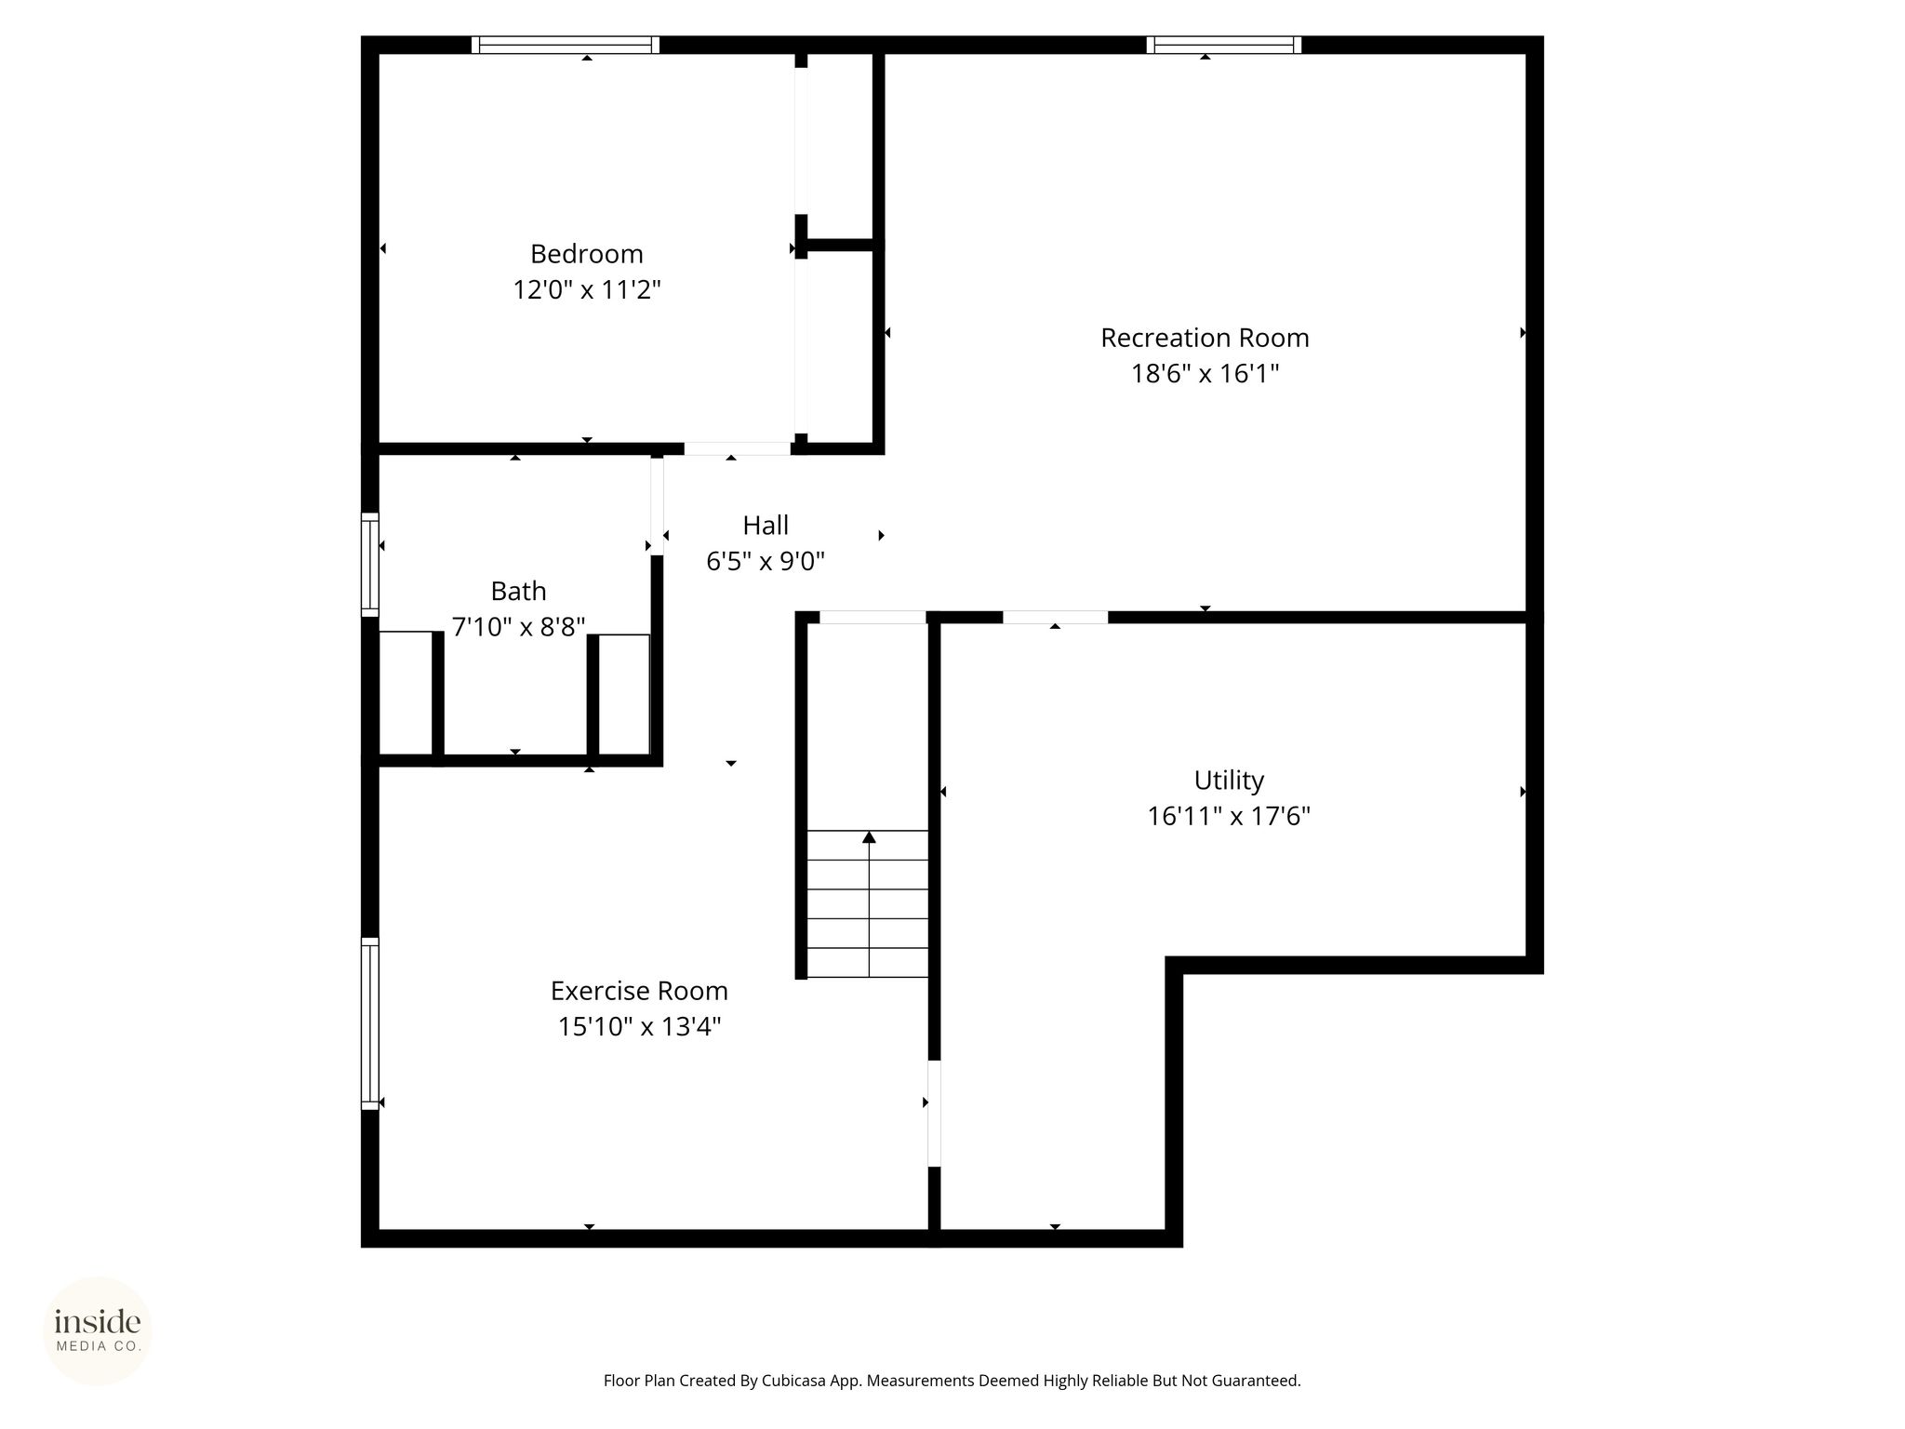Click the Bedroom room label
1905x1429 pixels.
pyautogui.click(x=587, y=254)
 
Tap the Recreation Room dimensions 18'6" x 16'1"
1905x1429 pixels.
pyautogui.click(x=1205, y=374)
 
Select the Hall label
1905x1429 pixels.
pyautogui.click(x=766, y=526)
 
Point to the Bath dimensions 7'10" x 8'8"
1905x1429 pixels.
pyautogui.click(x=518, y=627)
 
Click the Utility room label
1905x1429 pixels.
pyautogui.click(x=1229, y=781)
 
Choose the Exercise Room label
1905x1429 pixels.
pyautogui.click(x=639, y=991)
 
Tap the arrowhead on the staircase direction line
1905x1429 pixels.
pyautogui.click(x=869, y=837)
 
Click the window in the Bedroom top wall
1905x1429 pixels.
pyautogui.click(x=566, y=45)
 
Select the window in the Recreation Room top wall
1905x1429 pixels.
pyautogui.click(x=1223, y=45)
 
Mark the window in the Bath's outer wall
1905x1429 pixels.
pyautogui.click(x=370, y=565)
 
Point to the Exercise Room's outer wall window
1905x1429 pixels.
pyautogui.click(x=370, y=1023)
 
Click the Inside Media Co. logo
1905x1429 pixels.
pyautogui.click(x=98, y=1331)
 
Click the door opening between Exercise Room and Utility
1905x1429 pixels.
pyautogui.click(x=934, y=1113)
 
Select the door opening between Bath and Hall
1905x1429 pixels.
pyautogui.click(x=657, y=506)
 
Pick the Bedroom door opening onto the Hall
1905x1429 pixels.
pyautogui.click(x=738, y=448)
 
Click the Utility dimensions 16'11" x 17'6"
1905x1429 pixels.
pyautogui.click(x=1229, y=817)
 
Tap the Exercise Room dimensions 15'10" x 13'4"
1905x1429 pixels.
pyautogui.click(x=639, y=1027)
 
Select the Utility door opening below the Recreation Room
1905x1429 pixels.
pyautogui.click(x=1055, y=617)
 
